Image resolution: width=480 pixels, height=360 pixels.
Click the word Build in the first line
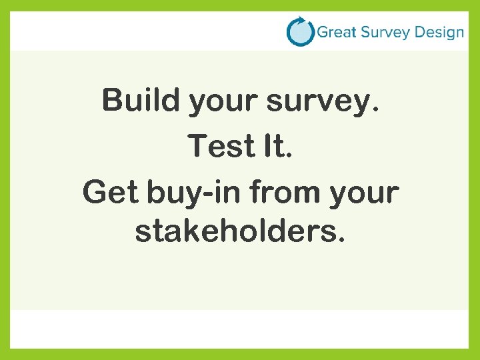[x=141, y=101]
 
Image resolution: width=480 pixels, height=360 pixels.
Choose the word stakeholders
[x=236, y=231]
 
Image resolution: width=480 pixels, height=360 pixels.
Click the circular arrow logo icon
[x=300, y=31]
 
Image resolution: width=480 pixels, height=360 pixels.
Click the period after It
[x=290, y=156]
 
